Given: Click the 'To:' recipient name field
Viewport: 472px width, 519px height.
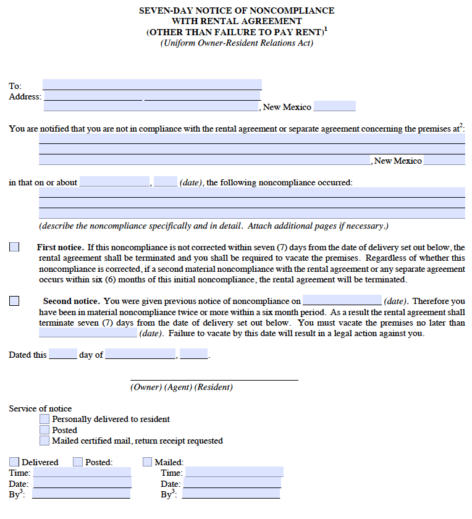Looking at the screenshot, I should click(152, 85).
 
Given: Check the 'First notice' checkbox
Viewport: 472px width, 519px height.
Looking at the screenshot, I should click(14, 247).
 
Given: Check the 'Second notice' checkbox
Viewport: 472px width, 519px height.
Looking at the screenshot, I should click(14, 301).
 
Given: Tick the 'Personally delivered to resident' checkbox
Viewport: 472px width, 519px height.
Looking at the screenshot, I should click(44, 420).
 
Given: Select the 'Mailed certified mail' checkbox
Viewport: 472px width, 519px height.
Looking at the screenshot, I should click(44, 441).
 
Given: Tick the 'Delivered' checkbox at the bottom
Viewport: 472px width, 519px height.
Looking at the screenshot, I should click(14, 462).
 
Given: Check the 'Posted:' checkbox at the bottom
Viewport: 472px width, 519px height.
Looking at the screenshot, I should click(78, 462).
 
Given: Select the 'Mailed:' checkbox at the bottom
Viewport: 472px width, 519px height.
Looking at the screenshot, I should click(147, 462).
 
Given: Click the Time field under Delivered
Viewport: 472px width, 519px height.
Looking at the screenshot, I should click(82, 473).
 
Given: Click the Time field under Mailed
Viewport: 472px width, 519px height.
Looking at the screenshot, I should click(234, 473).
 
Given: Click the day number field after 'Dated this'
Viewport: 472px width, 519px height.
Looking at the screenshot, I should click(63, 355).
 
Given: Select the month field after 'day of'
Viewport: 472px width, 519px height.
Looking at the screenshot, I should click(141, 355).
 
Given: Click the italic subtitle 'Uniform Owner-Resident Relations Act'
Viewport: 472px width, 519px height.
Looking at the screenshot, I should click(237, 43).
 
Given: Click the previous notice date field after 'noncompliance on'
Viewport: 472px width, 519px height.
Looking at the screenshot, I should click(342, 301).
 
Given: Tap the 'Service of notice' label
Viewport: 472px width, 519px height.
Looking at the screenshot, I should click(40, 408).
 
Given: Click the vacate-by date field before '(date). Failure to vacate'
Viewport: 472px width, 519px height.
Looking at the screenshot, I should click(88, 333).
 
